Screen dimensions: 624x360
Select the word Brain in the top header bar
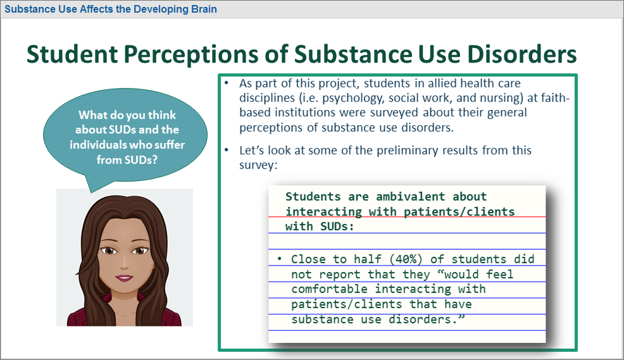click(x=204, y=9)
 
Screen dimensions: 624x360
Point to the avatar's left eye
click(x=140, y=251)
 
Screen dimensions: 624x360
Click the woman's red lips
click(x=124, y=277)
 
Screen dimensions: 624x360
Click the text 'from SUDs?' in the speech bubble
click(x=127, y=160)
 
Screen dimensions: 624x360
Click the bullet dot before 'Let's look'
click(x=227, y=151)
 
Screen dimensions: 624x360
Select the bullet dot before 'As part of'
click(x=227, y=83)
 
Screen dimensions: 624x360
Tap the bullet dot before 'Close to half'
click(x=279, y=259)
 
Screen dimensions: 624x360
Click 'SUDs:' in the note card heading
click(x=337, y=227)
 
